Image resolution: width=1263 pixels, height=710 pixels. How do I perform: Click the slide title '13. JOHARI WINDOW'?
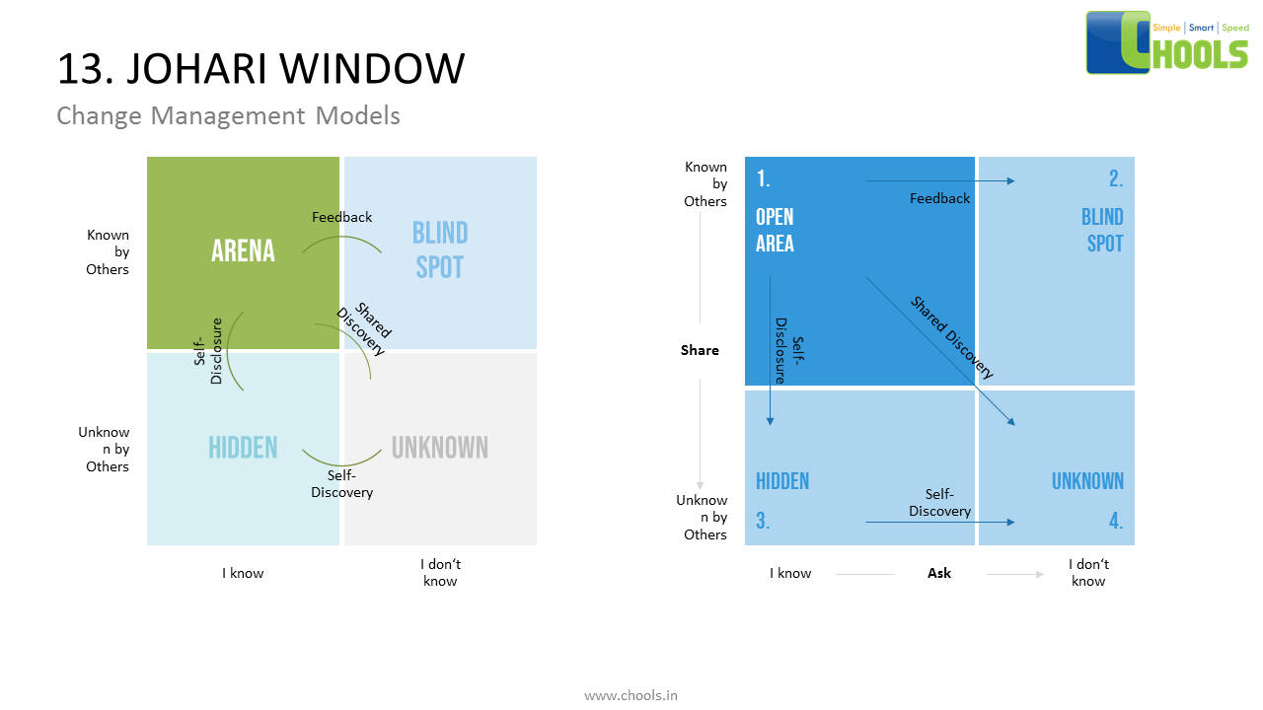coord(260,69)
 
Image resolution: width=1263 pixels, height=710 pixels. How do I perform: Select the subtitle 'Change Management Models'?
coord(228,115)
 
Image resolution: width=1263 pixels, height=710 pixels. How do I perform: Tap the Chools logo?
coord(1167,42)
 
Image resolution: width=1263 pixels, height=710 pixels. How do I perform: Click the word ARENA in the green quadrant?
coord(243,251)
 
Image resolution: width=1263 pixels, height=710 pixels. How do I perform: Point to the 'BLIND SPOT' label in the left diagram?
coord(439,249)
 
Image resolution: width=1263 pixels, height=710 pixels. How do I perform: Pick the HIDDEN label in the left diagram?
coord(243,448)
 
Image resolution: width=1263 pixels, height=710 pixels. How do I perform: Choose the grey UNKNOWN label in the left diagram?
coord(439,448)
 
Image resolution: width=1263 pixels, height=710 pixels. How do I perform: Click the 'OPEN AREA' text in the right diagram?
coord(775,230)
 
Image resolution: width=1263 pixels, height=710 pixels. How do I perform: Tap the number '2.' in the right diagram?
coord(1115,179)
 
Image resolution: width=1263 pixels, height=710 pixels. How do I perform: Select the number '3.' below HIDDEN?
coord(763,522)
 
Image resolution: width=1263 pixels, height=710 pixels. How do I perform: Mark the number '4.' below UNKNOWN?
coord(1115,522)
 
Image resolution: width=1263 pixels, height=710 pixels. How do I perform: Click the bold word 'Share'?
coord(700,350)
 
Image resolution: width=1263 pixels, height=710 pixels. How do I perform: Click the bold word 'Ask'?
coord(939,573)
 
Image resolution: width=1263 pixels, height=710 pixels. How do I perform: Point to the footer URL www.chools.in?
coord(631,695)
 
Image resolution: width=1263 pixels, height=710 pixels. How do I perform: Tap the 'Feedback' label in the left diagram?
coord(341,217)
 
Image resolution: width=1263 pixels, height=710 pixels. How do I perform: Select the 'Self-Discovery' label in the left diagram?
coord(341,483)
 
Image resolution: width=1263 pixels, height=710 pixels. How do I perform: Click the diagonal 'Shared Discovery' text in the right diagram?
coord(951,338)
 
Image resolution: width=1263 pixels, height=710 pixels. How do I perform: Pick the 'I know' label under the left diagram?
coord(243,573)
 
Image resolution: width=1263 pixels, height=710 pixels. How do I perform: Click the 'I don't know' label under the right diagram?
coord(1088,572)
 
